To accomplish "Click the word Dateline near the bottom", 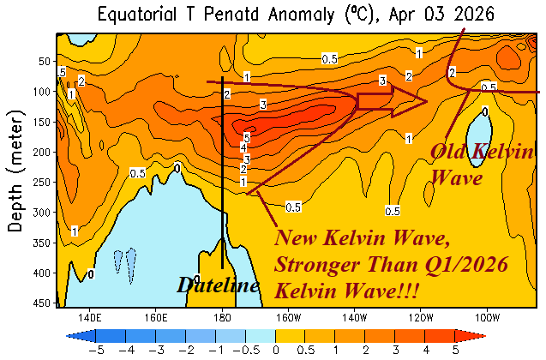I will (x=218, y=285).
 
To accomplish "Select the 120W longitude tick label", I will (x=422, y=315).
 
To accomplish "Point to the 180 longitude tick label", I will (x=222, y=315).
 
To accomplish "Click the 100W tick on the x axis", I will (x=488, y=315).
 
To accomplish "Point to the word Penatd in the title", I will (x=225, y=15).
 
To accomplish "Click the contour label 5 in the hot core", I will (x=246, y=137).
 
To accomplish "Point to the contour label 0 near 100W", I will (x=485, y=111).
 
